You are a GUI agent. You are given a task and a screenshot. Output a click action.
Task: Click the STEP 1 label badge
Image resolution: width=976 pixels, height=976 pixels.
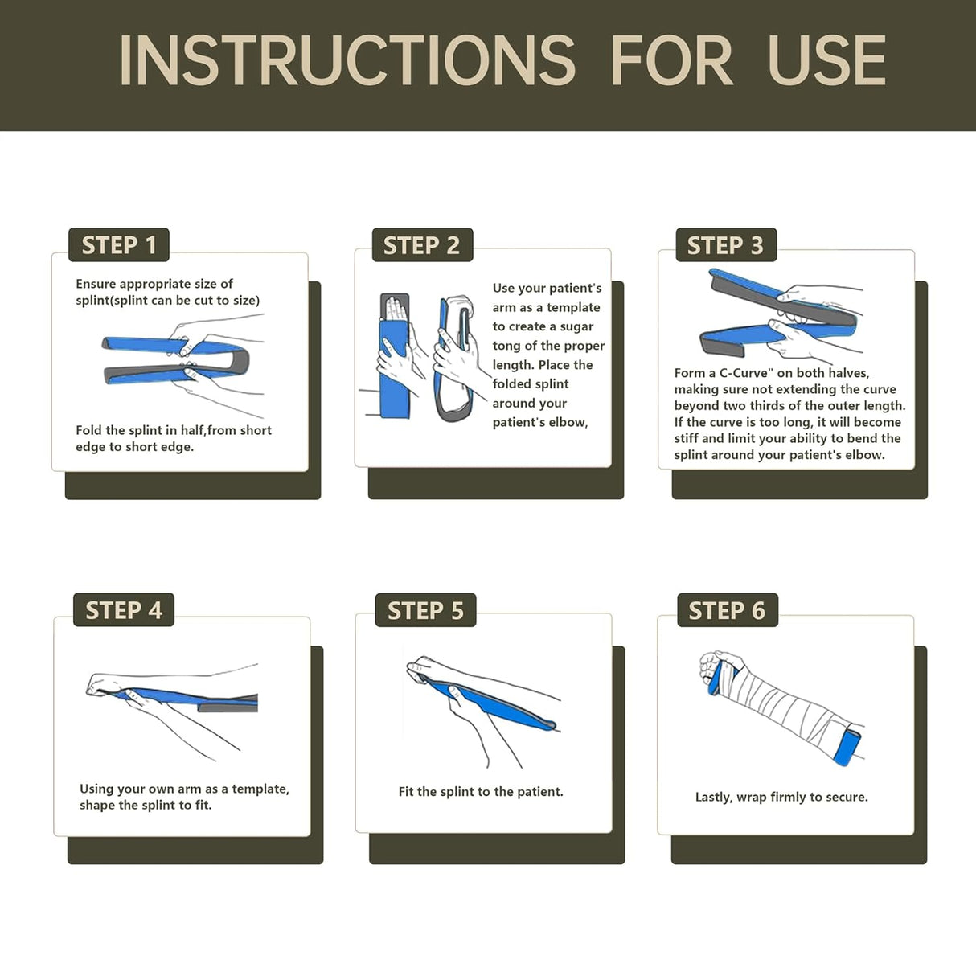point(118,245)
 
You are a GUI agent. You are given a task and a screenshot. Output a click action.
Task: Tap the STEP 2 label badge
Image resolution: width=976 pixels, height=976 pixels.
point(422,245)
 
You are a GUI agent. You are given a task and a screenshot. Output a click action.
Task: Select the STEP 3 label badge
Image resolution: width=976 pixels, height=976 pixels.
point(726,245)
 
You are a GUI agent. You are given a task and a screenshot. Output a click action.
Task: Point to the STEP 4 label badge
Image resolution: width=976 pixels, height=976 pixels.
point(124,610)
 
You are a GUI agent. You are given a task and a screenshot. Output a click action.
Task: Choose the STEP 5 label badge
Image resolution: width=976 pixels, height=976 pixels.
point(425,610)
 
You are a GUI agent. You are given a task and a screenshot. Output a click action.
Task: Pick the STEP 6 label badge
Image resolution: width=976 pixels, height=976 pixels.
point(728,610)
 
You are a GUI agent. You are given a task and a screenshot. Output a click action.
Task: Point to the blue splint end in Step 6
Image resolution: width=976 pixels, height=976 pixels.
point(847,747)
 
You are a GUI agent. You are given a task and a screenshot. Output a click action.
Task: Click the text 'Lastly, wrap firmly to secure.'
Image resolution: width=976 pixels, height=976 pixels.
point(781,797)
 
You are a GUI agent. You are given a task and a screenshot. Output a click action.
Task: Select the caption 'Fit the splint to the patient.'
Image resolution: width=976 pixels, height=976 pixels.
point(481,792)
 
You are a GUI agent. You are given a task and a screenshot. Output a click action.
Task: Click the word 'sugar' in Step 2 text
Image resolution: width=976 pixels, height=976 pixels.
point(576,327)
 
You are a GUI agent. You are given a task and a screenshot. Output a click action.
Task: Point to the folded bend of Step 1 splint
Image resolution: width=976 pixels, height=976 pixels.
point(240,360)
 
